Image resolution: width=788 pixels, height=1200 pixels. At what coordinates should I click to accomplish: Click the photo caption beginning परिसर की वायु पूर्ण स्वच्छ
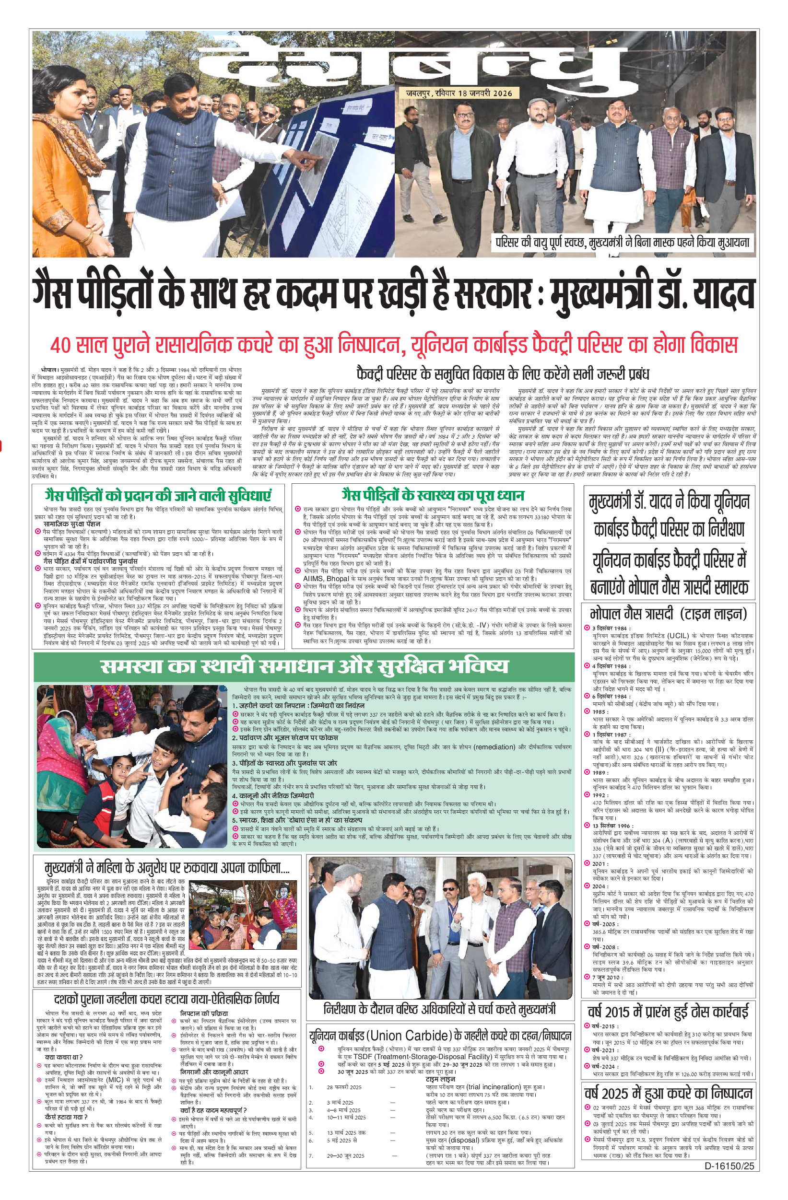[x=623, y=243]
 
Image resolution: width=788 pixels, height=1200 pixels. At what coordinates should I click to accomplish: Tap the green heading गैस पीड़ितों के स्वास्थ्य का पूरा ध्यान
[x=433, y=495]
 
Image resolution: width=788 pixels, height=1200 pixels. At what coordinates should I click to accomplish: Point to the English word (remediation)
[x=495, y=747]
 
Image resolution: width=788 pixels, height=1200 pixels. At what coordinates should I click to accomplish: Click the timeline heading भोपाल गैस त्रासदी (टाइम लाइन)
[x=669, y=614]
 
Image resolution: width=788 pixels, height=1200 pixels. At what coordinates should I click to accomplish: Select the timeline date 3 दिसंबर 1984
[x=610, y=628]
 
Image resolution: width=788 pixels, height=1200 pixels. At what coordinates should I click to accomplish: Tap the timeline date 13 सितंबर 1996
[x=612, y=826]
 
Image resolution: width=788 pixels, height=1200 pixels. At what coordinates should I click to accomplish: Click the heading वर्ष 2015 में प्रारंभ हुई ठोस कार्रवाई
[x=669, y=1012]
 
